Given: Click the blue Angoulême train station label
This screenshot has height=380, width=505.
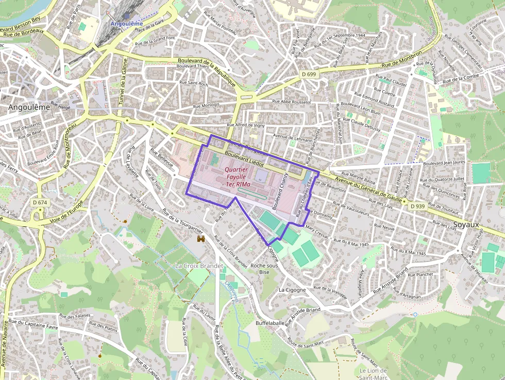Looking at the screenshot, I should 126,24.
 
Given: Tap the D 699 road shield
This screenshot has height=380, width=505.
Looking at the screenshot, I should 309,74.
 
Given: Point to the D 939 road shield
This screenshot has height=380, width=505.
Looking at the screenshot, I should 417,206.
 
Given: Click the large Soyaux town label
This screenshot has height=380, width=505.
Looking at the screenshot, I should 467,225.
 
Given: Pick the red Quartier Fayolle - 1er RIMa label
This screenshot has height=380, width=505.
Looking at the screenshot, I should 237,177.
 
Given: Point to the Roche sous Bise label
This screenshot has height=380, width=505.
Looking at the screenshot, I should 264,269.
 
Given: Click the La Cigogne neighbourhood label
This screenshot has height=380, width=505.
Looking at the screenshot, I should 292,290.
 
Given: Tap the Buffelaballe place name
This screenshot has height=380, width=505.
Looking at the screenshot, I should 270,323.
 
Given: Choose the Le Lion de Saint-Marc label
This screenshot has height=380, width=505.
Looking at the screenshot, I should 373,374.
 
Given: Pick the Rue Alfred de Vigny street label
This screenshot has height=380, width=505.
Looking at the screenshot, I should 253,125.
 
